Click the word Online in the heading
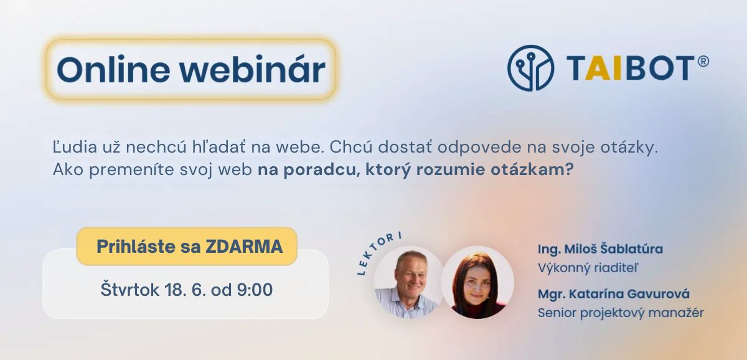pyautogui.click(x=113, y=69)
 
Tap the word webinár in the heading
pyautogui.click(x=253, y=69)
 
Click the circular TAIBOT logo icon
pyautogui.click(x=530, y=68)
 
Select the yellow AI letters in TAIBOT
pyautogui.click(x=603, y=68)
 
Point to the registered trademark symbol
pyautogui.click(x=703, y=62)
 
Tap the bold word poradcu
pyautogui.click(x=319, y=170)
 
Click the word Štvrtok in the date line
pyautogui.click(x=130, y=289)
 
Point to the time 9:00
pyautogui.click(x=255, y=290)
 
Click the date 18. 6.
pyautogui.click(x=185, y=290)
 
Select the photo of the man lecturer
pyautogui.click(x=409, y=282)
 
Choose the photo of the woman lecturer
pyautogui.click(x=477, y=282)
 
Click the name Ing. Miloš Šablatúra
pyautogui.click(x=600, y=249)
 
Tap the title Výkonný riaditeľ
pyautogui.click(x=588, y=268)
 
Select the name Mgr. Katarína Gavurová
pyautogui.click(x=614, y=294)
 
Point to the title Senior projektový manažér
pyautogui.click(x=621, y=313)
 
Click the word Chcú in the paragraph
pyautogui.click(x=351, y=147)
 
